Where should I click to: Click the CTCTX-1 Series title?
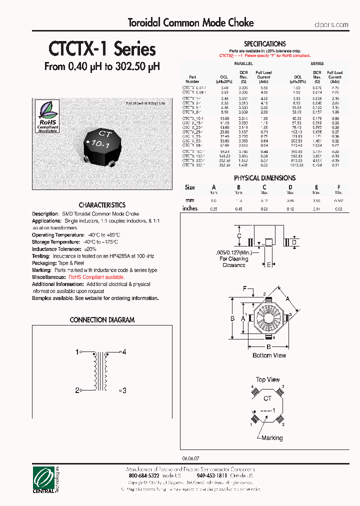[102, 49]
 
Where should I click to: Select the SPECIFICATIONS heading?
[264, 44]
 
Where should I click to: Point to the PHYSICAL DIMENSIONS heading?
[264, 178]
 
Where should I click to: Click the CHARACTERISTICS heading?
[102, 205]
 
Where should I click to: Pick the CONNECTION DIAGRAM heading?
[102, 320]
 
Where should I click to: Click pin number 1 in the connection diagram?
[77, 352]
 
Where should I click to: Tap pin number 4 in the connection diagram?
[124, 352]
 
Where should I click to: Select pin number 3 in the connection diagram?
[124, 390]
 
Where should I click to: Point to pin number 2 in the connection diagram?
[77, 390]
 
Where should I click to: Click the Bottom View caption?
[269, 355]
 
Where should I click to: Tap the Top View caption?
[268, 380]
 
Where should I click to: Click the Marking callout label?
[272, 438]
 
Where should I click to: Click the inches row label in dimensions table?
[190, 208]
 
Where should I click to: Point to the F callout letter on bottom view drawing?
[245, 289]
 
